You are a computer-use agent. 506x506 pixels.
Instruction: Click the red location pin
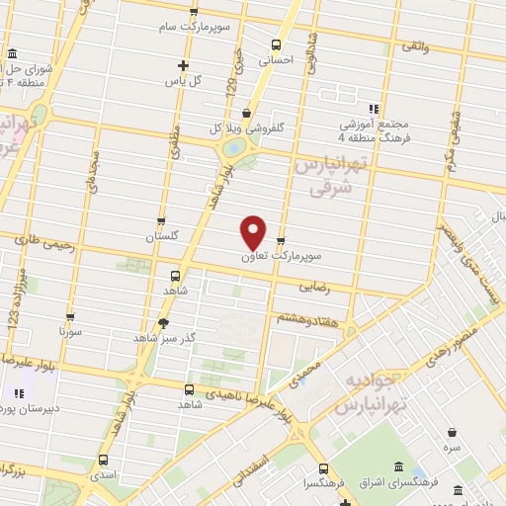[254, 231]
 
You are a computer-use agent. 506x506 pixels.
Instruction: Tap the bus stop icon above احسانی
[276, 44]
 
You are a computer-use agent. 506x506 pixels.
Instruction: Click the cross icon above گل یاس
[183, 65]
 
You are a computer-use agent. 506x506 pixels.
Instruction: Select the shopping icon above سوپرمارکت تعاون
[282, 240]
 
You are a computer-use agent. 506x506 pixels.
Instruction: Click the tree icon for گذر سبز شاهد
[163, 322]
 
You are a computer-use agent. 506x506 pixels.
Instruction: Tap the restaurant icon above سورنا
[69, 318]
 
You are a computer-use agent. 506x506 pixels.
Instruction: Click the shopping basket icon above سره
[452, 432]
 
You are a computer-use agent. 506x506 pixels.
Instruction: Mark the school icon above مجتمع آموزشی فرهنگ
[374, 109]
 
